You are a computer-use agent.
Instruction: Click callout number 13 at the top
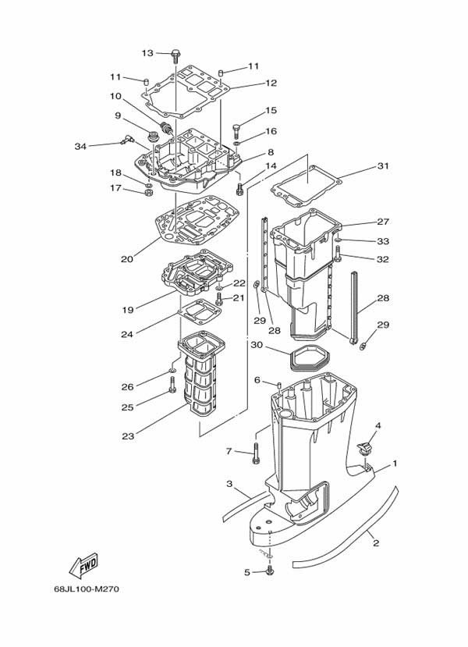[x=148, y=53]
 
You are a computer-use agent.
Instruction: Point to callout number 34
[x=80, y=146]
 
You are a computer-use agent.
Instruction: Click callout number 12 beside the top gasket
[x=271, y=83]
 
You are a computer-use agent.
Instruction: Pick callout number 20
[x=129, y=259]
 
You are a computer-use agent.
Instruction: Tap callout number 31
[x=382, y=165]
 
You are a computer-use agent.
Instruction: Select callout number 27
[x=383, y=221]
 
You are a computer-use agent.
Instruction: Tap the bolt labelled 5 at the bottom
[x=269, y=572]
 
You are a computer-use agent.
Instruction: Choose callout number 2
[x=375, y=543]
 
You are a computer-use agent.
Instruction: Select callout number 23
[x=129, y=436]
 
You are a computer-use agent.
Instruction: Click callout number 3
[x=229, y=484]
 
